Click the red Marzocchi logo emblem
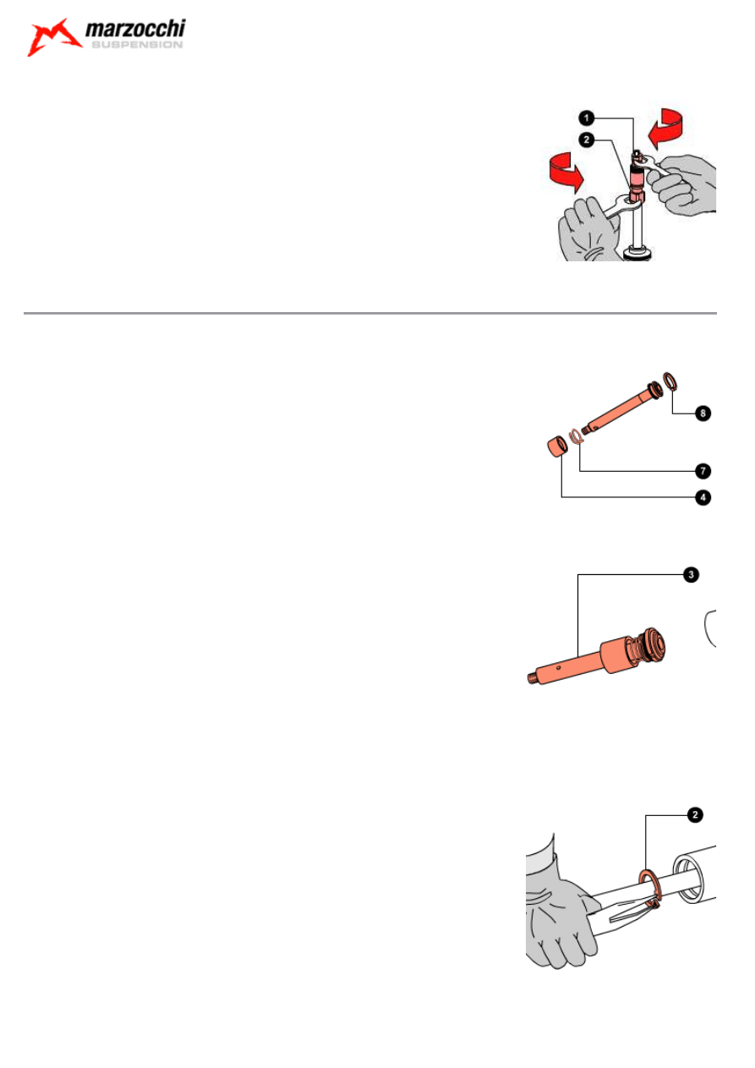(x=53, y=37)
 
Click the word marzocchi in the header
(x=135, y=29)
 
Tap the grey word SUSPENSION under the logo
(x=137, y=45)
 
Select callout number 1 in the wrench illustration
(x=587, y=118)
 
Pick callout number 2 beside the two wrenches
(x=587, y=140)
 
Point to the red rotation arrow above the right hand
(x=665, y=128)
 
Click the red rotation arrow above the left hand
(x=566, y=173)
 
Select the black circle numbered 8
(x=703, y=413)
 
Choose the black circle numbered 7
(x=703, y=471)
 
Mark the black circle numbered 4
(x=703, y=497)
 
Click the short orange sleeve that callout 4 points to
(x=556, y=446)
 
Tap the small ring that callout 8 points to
(x=670, y=381)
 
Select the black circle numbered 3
(x=691, y=574)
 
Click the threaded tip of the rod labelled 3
(x=532, y=678)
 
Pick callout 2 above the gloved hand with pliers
(x=695, y=815)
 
